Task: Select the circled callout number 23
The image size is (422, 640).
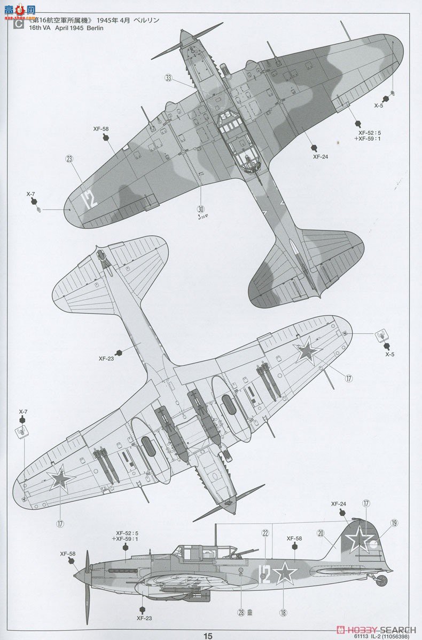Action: click(x=69, y=158)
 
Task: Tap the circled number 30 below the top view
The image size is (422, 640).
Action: click(x=201, y=209)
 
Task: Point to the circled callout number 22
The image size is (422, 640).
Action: click(x=265, y=532)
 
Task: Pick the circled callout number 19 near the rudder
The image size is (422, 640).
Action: click(x=394, y=523)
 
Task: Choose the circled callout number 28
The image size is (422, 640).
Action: click(x=241, y=612)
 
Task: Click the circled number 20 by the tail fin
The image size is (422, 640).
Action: click(x=321, y=532)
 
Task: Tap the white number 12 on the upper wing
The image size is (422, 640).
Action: click(x=89, y=199)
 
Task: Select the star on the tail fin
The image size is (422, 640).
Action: click(x=358, y=538)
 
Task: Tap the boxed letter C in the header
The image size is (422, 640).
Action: click(x=19, y=24)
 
